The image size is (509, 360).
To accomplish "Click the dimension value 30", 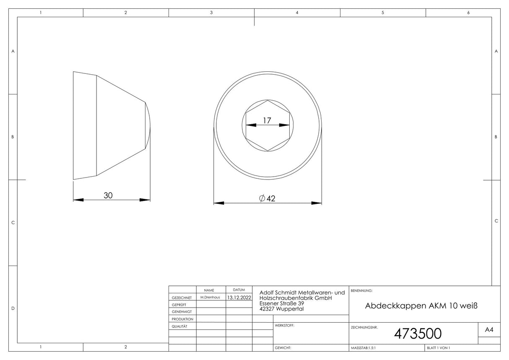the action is (108, 196).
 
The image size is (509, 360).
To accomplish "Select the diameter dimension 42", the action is (267, 198).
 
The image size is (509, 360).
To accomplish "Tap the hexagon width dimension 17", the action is (267, 120).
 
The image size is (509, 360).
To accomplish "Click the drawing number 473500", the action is (418, 334).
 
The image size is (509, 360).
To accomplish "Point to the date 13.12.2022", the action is (239, 297).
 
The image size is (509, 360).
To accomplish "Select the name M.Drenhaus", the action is (210, 297).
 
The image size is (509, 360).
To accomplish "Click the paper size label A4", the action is (489, 329).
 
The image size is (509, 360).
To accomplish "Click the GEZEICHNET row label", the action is (182, 297).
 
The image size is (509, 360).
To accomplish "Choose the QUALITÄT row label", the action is (179, 326).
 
